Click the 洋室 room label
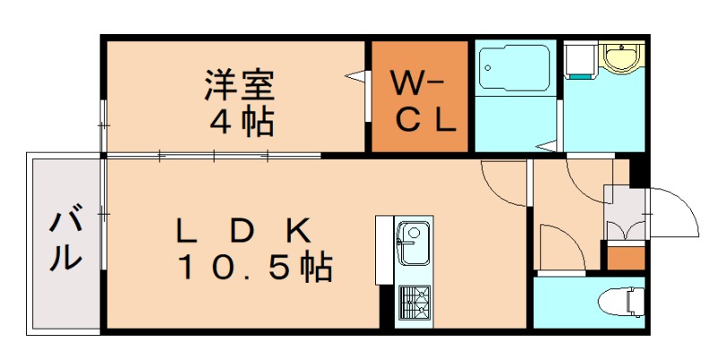[x=239, y=86]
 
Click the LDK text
[x=242, y=232]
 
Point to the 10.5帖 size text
[x=255, y=267]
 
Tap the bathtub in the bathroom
[x=513, y=68]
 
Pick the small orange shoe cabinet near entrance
[x=626, y=257]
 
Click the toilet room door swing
[x=560, y=247]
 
